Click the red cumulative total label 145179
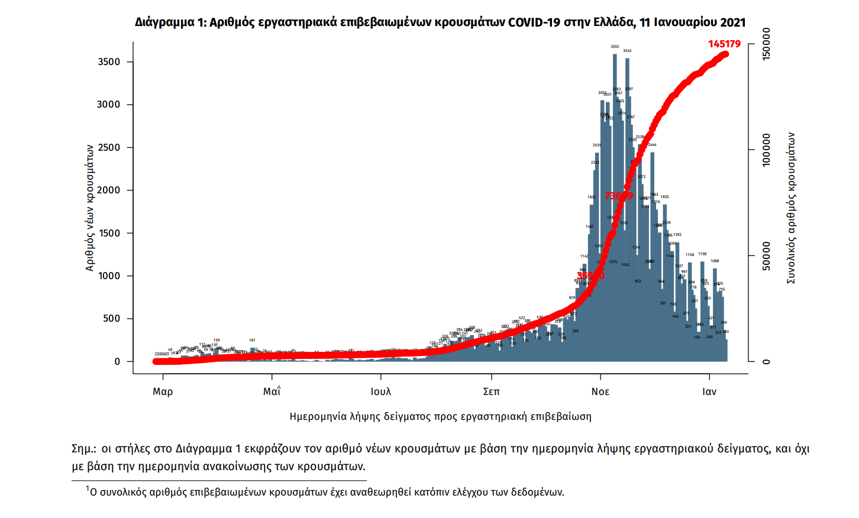(724, 44)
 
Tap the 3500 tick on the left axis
(109, 61)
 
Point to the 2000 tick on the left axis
(109, 190)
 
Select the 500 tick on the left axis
(111, 318)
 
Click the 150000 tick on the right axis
(767, 44)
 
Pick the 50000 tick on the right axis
(767, 256)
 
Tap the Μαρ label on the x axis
(163, 391)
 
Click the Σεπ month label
(491, 391)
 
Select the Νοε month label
(600, 391)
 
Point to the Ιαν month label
(709, 391)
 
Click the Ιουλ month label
(381, 391)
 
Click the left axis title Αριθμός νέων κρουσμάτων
(90, 208)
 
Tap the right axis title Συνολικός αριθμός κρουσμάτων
(791, 208)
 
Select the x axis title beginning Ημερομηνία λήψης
(440, 416)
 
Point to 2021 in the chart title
(732, 22)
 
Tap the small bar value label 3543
(627, 51)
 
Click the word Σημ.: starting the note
(84, 449)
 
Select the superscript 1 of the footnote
(88, 488)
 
